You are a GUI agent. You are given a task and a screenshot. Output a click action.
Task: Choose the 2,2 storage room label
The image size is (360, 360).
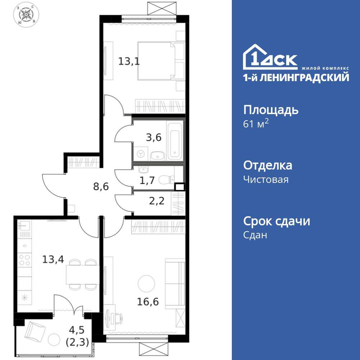157,201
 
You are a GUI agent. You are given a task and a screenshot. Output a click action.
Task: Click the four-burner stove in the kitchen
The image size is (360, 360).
24,261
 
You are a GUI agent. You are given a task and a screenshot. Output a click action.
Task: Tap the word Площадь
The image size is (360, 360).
271,110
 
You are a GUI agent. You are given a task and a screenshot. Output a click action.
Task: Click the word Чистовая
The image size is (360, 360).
266,179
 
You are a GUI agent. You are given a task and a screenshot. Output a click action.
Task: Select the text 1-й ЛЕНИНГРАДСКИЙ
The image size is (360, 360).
296,77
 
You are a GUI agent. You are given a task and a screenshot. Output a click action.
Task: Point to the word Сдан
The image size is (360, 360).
255,235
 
